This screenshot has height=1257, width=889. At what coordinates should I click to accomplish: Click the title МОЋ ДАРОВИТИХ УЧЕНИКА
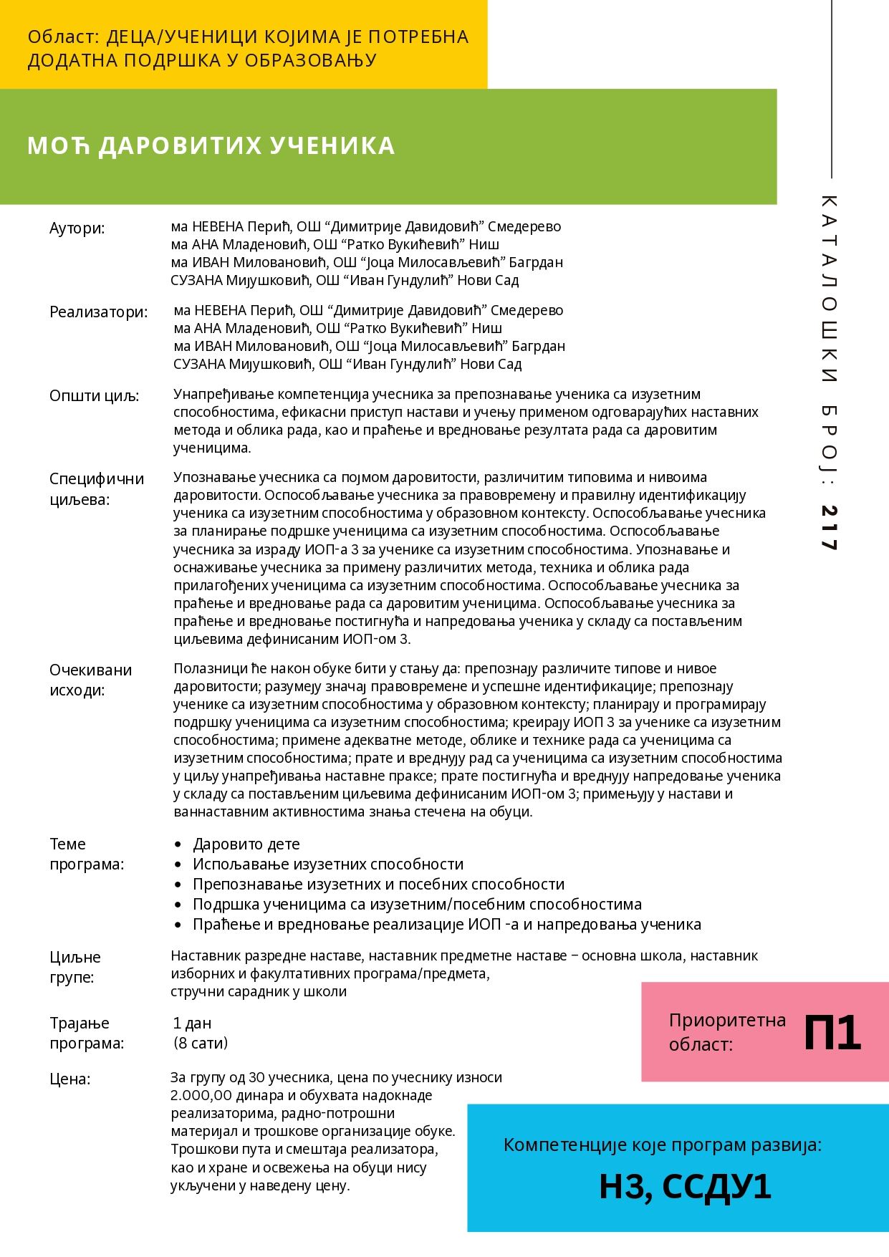tap(211, 145)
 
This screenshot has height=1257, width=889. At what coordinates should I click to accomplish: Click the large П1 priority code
tap(832, 1032)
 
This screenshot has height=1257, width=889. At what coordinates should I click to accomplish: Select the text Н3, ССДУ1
tap(685, 1186)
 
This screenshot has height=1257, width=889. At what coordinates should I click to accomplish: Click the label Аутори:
tap(77, 228)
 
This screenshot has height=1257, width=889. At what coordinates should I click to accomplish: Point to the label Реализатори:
tap(98, 312)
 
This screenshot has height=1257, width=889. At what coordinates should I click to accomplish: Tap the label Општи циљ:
tap(94, 396)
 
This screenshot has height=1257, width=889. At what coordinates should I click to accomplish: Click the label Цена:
tap(69, 1079)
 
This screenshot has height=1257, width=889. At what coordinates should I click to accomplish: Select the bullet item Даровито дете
tap(246, 844)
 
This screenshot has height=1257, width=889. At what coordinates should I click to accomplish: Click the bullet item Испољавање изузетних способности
tap(327, 864)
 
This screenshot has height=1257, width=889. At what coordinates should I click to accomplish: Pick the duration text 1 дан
tap(192, 1023)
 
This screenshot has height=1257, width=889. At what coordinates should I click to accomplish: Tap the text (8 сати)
tap(201, 1043)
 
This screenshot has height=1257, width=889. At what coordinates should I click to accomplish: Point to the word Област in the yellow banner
tap(60, 37)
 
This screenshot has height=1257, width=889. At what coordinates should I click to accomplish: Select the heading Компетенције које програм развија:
tap(662, 1145)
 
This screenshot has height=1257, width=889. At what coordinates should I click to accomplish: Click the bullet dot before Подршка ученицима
tap(178, 905)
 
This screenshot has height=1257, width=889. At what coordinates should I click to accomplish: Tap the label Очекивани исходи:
tap(90, 680)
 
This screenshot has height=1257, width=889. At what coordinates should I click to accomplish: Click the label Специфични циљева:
tap(97, 488)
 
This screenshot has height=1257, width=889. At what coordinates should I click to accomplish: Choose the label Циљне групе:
tap(75, 967)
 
